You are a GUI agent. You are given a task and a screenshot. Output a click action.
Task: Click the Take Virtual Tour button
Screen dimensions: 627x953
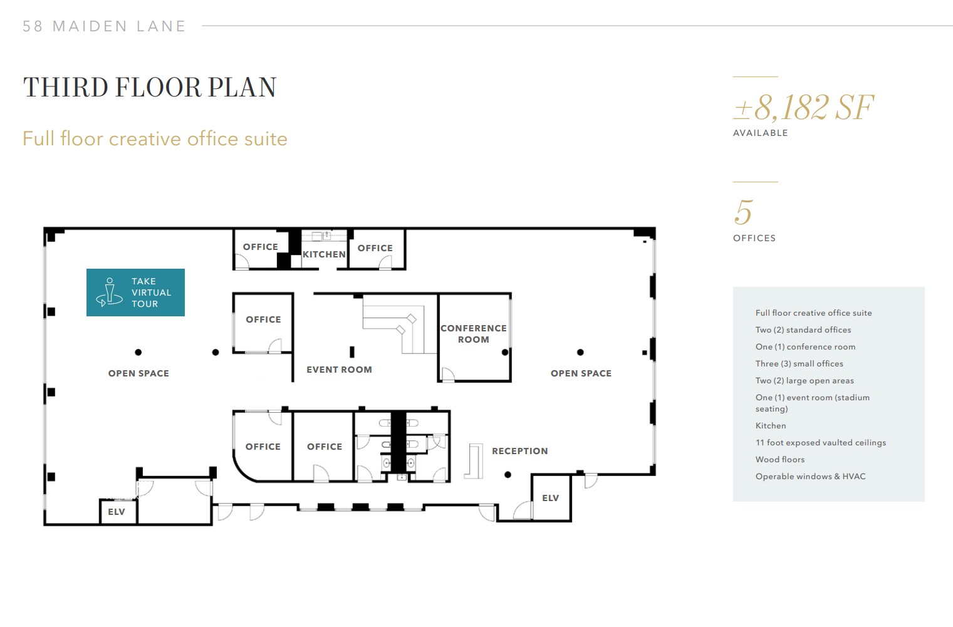tap(135, 293)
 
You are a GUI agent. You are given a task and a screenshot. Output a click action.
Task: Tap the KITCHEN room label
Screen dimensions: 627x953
tap(324, 254)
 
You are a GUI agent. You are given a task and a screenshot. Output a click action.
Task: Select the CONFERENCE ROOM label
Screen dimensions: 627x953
tap(474, 334)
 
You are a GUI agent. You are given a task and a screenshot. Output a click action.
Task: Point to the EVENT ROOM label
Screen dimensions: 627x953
tap(339, 370)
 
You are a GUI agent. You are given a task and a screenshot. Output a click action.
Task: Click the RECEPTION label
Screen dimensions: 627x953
tap(519, 451)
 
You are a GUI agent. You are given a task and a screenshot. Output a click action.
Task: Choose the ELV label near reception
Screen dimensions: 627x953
tap(550, 498)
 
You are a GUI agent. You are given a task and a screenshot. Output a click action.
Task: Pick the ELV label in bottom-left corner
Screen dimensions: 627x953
tap(117, 512)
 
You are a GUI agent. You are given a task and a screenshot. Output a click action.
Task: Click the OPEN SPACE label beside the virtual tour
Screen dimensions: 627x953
tap(138, 373)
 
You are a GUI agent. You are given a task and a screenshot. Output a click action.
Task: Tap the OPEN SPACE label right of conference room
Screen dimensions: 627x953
tap(581, 373)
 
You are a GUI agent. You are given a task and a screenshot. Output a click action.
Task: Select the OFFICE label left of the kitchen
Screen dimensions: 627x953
tap(260, 247)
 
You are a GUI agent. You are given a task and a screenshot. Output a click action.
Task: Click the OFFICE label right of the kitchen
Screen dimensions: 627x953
tap(375, 248)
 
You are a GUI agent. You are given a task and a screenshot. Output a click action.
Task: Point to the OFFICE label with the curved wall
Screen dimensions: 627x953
tap(263, 447)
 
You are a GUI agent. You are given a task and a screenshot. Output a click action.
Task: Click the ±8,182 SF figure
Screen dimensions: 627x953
tap(803, 108)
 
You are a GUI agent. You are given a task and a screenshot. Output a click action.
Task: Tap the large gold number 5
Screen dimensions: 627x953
tap(743, 212)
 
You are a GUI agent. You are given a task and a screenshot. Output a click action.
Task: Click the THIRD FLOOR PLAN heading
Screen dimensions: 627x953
tap(150, 88)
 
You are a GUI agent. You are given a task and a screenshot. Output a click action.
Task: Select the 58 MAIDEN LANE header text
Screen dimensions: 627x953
tap(104, 26)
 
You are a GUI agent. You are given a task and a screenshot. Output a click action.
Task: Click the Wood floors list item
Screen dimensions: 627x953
tap(779, 459)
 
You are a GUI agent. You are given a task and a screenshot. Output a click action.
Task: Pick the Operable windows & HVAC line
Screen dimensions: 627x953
tap(810, 476)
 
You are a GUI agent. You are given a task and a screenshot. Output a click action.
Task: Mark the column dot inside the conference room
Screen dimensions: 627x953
tap(505, 353)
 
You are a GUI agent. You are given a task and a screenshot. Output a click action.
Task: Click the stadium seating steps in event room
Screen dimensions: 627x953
tap(395, 323)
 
